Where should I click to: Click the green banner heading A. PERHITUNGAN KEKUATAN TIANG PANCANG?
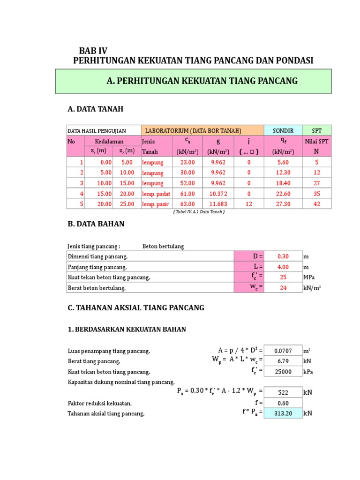(202, 81)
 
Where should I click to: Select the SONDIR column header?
(283, 130)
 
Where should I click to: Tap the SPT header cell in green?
(316, 130)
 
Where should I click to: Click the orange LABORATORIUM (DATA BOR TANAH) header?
(193, 130)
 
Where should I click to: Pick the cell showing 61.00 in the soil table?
(187, 193)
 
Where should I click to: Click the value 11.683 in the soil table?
(218, 204)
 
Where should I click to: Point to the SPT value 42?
(316, 204)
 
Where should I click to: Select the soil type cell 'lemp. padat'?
(156, 194)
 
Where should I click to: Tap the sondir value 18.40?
(283, 183)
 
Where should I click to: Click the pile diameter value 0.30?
(283, 256)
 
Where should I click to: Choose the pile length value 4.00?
(283, 267)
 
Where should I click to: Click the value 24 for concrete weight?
(283, 288)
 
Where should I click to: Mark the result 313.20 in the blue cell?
(283, 413)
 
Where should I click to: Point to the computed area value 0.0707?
(283, 351)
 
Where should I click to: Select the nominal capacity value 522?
(283, 392)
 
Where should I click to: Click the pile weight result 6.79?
(283, 361)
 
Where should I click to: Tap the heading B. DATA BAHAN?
(96, 224)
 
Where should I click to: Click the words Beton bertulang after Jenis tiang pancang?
(163, 246)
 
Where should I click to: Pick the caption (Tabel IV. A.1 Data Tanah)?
(199, 212)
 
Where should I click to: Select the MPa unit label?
(309, 277)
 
